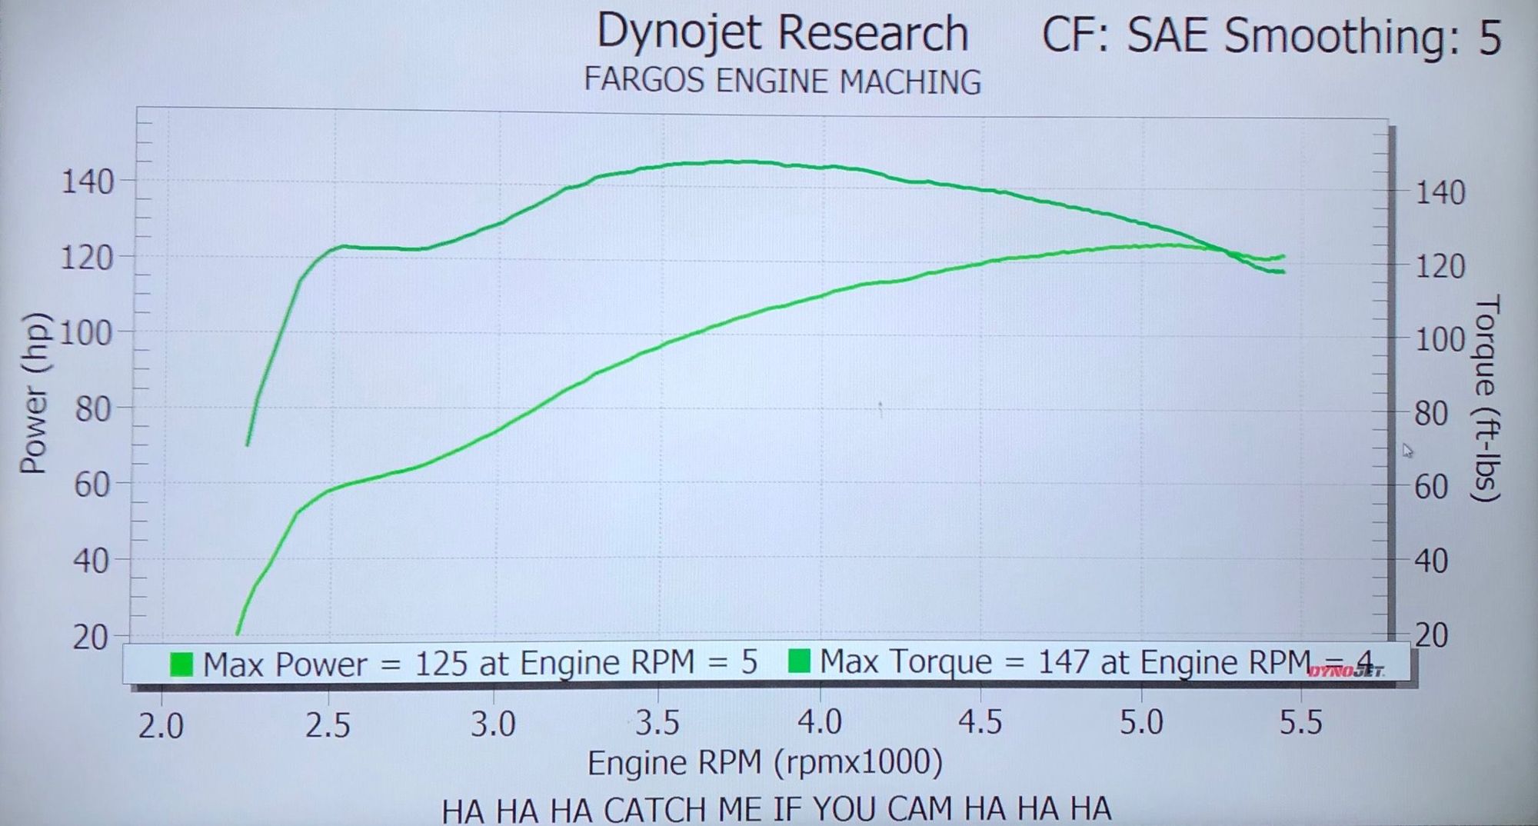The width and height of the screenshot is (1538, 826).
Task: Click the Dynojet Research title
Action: click(782, 34)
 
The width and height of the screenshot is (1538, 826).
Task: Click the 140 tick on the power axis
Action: click(87, 183)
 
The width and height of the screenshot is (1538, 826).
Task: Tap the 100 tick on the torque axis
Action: click(1440, 340)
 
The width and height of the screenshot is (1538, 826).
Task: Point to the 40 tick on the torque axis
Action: click(1431, 561)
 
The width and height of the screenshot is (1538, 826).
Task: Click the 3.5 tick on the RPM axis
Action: click(657, 724)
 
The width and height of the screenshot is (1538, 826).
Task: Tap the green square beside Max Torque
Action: click(800, 661)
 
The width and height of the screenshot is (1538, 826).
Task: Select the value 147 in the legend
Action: click(1064, 662)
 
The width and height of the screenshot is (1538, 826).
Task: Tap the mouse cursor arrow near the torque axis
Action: click(1407, 451)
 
